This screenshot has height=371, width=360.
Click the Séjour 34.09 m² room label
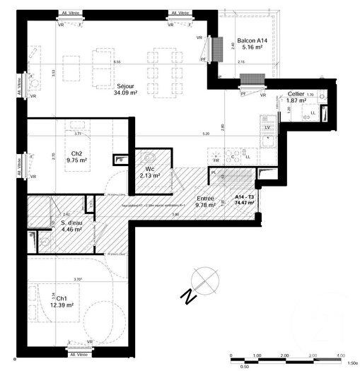coord(127,89)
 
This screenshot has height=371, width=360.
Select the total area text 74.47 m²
coord(245,204)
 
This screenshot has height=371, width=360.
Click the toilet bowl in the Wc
coord(149,158)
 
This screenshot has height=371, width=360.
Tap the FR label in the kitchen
coord(217,160)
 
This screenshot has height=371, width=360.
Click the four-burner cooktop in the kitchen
coord(233,154)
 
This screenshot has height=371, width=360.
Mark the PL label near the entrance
coord(214,172)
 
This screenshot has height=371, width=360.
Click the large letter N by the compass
coord(187,297)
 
